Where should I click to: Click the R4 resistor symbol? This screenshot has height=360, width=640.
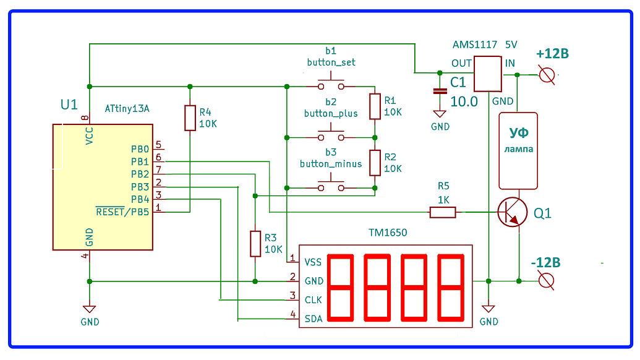tap(190, 118)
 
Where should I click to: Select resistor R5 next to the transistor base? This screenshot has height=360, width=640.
tap(443, 212)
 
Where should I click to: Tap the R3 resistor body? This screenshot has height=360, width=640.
tap(255, 243)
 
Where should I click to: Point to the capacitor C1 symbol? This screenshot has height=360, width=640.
tap(440, 91)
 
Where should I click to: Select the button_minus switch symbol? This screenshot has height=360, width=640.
tap(331, 186)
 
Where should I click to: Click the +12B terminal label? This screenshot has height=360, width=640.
tap(552, 54)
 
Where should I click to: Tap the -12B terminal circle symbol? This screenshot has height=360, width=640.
tap(546, 281)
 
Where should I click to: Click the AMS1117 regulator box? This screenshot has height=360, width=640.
tap(487, 74)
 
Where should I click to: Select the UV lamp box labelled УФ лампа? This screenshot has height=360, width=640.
tap(518, 150)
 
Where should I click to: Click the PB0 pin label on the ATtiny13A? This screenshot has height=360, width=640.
tap(140, 149)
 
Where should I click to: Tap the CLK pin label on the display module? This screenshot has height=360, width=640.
tap(314, 299)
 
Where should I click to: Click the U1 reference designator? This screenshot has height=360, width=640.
tap(69, 105)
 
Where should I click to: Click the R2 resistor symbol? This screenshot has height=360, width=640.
tap(375, 163)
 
